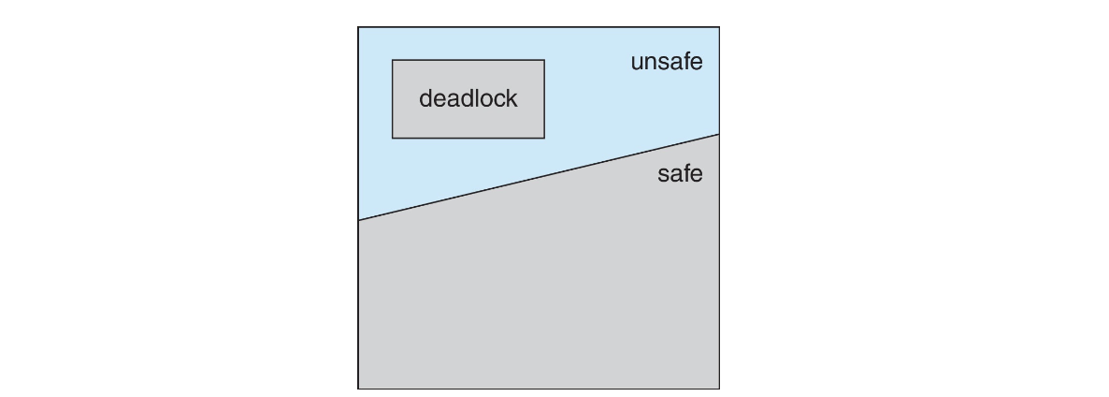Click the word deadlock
tap(468, 98)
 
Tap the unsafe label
tap(666, 63)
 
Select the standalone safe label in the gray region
tap(680, 173)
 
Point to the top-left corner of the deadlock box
tap(393, 60)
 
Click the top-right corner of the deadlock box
tap(544, 60)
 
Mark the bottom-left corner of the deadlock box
tap(393, 138)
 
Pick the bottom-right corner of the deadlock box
tap(544, 138)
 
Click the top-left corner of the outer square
tap(358, 27)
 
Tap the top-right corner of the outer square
tap(719, 27)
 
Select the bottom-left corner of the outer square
tap(358, 389)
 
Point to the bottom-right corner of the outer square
tap(719, 389)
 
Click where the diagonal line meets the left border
tap(358, 220)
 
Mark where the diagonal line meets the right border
tap(719, 134)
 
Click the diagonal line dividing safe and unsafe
tap(539, 177)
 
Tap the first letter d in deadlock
tap(425, 98)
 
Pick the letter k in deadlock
tap(511, 98)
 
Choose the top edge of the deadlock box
tap(468, 60)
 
